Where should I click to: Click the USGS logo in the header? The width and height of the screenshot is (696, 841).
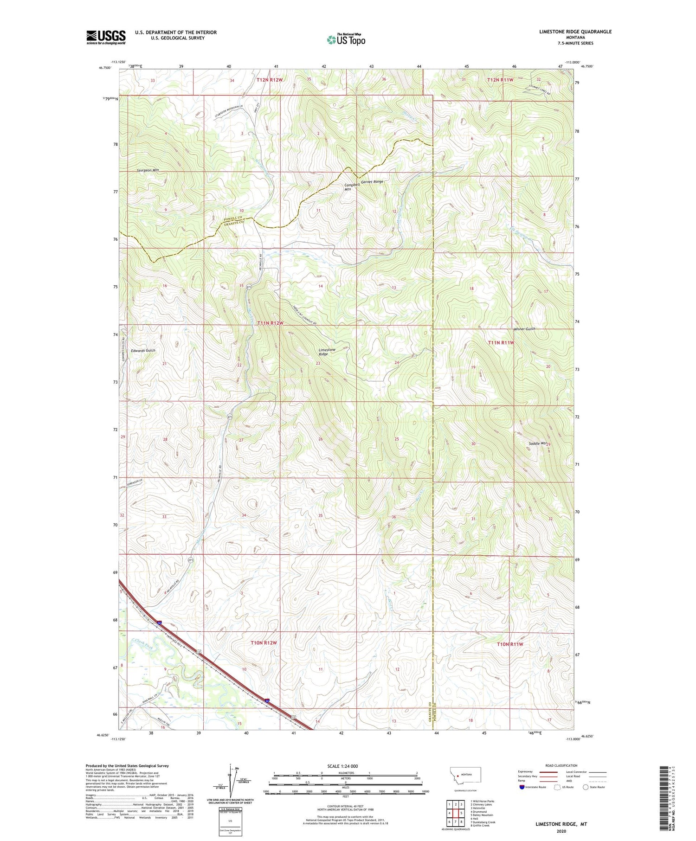click(x=106, y=37)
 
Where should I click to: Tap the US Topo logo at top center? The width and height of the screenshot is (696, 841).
click(x=346, y=39)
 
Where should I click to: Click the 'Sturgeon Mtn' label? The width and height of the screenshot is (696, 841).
click(x=148, y=170)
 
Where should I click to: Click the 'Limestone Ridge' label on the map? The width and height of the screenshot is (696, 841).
click(x=327, y=352)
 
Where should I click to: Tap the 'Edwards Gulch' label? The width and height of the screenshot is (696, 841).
click(x=143, y=351)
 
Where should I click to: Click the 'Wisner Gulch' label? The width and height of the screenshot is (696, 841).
click(x=524, y=329)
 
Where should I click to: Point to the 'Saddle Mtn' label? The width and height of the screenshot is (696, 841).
click(x=537, y=443)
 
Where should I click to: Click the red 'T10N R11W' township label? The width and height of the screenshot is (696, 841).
click(x=509, y=644)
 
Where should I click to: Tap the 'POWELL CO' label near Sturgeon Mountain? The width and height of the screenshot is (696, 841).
click(x=233, y=218)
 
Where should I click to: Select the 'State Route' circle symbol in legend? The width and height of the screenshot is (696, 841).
click(x=585, y=787)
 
